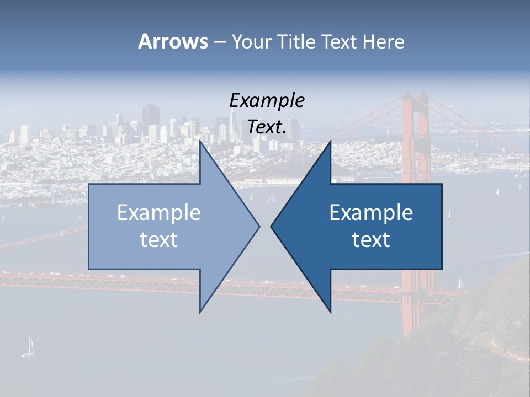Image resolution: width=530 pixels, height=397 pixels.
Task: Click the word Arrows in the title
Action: click(x=172, y=41)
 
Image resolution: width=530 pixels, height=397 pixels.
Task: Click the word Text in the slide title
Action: click(x=339, y=41)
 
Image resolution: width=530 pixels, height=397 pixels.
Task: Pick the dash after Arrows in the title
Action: click(x=219, y=42)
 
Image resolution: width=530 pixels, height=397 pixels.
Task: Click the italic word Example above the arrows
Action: click(x=267, y=101)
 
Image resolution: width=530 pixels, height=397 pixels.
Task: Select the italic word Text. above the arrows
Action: click(x=267, y=127)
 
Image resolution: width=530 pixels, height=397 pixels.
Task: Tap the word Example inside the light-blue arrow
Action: click(x=159, y=212)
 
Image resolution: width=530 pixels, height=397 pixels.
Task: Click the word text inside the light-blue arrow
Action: click(x=159, y=240)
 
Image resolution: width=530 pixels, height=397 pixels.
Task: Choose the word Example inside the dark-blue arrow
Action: click(x=371, y=212)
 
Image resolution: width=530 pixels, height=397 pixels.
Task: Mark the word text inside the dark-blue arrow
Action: click(x=371, y=240)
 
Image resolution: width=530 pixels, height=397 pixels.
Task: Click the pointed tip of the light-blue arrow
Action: click(x=259, y=226)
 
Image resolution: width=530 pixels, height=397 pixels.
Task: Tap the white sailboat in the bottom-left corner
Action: click(x=29, y=346)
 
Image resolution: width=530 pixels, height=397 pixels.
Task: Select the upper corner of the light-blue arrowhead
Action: click(x=200, y=141)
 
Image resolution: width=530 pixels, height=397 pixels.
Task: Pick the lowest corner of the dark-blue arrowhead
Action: click(x=331, y=312)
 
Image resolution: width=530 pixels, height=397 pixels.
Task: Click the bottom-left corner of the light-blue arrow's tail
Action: click(x=89, y=269)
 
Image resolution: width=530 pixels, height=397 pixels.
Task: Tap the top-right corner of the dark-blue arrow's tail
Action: click(x=442, y=184)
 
